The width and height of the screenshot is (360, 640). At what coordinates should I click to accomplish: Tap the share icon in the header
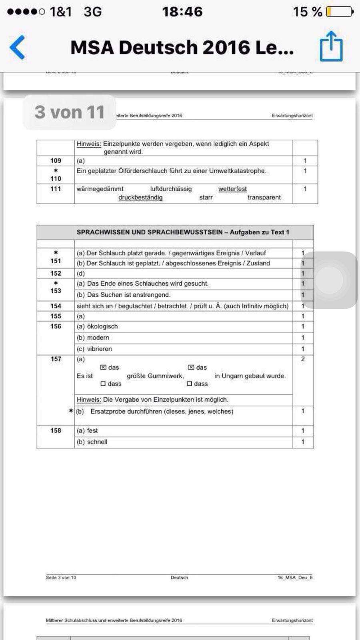[331, 46]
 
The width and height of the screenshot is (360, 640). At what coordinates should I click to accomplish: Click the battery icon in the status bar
[339, 12]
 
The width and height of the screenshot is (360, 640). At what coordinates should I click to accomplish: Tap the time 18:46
[182, 12]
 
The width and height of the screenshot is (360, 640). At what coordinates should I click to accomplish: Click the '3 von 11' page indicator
[69, 112]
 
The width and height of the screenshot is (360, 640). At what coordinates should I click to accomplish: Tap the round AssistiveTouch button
[330, 280]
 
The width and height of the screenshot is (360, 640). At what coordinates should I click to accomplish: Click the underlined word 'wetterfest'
[232, 189]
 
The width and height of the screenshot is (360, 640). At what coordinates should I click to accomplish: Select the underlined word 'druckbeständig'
[140, 197]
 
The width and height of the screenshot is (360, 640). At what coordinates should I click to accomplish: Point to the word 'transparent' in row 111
[264, 197]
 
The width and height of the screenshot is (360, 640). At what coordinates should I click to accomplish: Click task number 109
[56, 161]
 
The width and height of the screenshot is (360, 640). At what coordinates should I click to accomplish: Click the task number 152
[56, 273]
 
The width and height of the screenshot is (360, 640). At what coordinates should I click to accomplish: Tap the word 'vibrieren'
[100, 349]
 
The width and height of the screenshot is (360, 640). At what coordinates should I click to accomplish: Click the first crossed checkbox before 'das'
[103, 367]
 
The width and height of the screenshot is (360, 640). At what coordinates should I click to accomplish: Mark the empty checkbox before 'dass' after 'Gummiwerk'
[190, 384]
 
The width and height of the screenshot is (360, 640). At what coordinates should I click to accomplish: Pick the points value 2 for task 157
[303, 359]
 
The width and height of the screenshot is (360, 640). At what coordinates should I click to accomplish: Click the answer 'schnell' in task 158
[97, 442]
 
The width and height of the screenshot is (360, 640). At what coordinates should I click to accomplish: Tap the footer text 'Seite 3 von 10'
[61, 577]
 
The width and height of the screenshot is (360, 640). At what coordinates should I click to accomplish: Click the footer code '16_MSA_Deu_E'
[295, 577]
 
